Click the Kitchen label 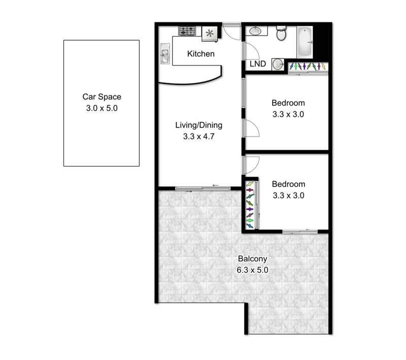pyautogui.click(x=200, y=54)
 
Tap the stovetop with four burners pyautogui.click(x=187, y=31)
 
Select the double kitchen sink pyautogui.click(x=165, y=53)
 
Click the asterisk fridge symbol pyautogui.click(x=210, y=34)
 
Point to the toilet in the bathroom pyautogui.click(x=281, y=33)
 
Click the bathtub pyautogui.click(x=304, y=42)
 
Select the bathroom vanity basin pyautogui.click(x=256, y=31)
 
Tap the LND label pyautogui.click(x=258, y=64)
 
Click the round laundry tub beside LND pyautogui.click(x=278, y=64)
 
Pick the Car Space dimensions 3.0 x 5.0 pyautogui.click(x=102, y=108)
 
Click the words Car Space pyautogui.click(x=102, y=96)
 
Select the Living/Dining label pyautogui.click(x=198, y=125)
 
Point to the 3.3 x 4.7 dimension pyautogui.click(x=198, y=137)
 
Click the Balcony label pyautogui.click(x=252, y=259)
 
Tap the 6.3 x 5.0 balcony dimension pyautogui.click(x=252, y=270)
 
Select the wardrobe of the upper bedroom pyautogui.click(x=308, y=68)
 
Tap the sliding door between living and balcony pyautogui.click(x=202, y=188)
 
